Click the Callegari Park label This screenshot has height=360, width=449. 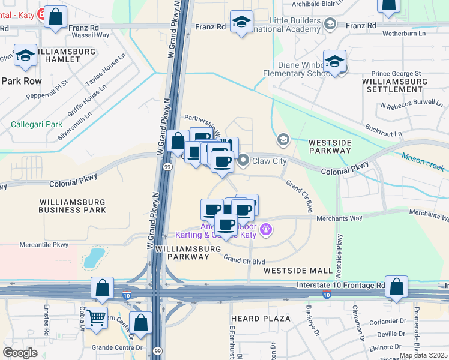(x=37, y=124)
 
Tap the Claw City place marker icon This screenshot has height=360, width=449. (x=244, y=160)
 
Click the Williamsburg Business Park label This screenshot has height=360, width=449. (x=72, y=206)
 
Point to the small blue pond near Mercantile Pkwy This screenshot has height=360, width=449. (x=94, y=259)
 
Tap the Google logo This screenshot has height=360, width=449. (x=20, y=353)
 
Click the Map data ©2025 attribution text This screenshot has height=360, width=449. (x=424, y=355)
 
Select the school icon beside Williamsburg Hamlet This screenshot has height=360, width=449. (x=26, y=56)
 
